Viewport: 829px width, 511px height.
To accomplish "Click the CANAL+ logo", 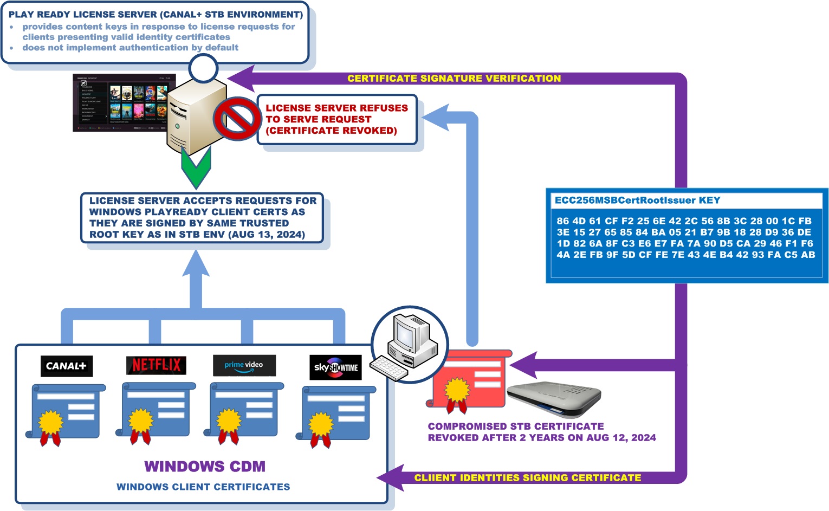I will pyautogui.click(x=67, y=366).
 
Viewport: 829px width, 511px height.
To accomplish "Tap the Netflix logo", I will pyautogui.click(x=156, y=365).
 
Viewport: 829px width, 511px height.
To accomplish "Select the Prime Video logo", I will pyautogui.click(x=244, y=365).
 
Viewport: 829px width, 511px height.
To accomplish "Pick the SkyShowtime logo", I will pyautogui.click(x=335, y=367).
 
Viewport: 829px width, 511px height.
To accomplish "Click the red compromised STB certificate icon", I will pyautogui.click(x=469, y=379).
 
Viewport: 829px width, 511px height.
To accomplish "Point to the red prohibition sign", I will pyautogui.click(x=237, y=119).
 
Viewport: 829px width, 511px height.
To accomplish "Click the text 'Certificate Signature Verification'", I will pyautogui.click(x=454, y=79).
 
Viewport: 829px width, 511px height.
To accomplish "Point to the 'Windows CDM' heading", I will pyautogui.click(x=205, y=467).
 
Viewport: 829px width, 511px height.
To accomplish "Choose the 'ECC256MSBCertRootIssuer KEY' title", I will pyautogui.click(x=637, y=200).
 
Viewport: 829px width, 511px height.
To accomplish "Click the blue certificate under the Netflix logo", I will pyautogui.click(x=156, y=412).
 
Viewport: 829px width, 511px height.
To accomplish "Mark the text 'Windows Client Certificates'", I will pyautogui.click(x=203, y=487).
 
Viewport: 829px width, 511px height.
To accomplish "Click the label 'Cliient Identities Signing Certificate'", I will pyautogui.click(x=527, y=478).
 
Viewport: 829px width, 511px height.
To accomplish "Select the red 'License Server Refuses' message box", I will pyautogui.click(x=336, y=120).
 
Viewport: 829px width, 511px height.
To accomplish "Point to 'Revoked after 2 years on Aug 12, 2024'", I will pyautogui.click(x=542, y=438).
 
